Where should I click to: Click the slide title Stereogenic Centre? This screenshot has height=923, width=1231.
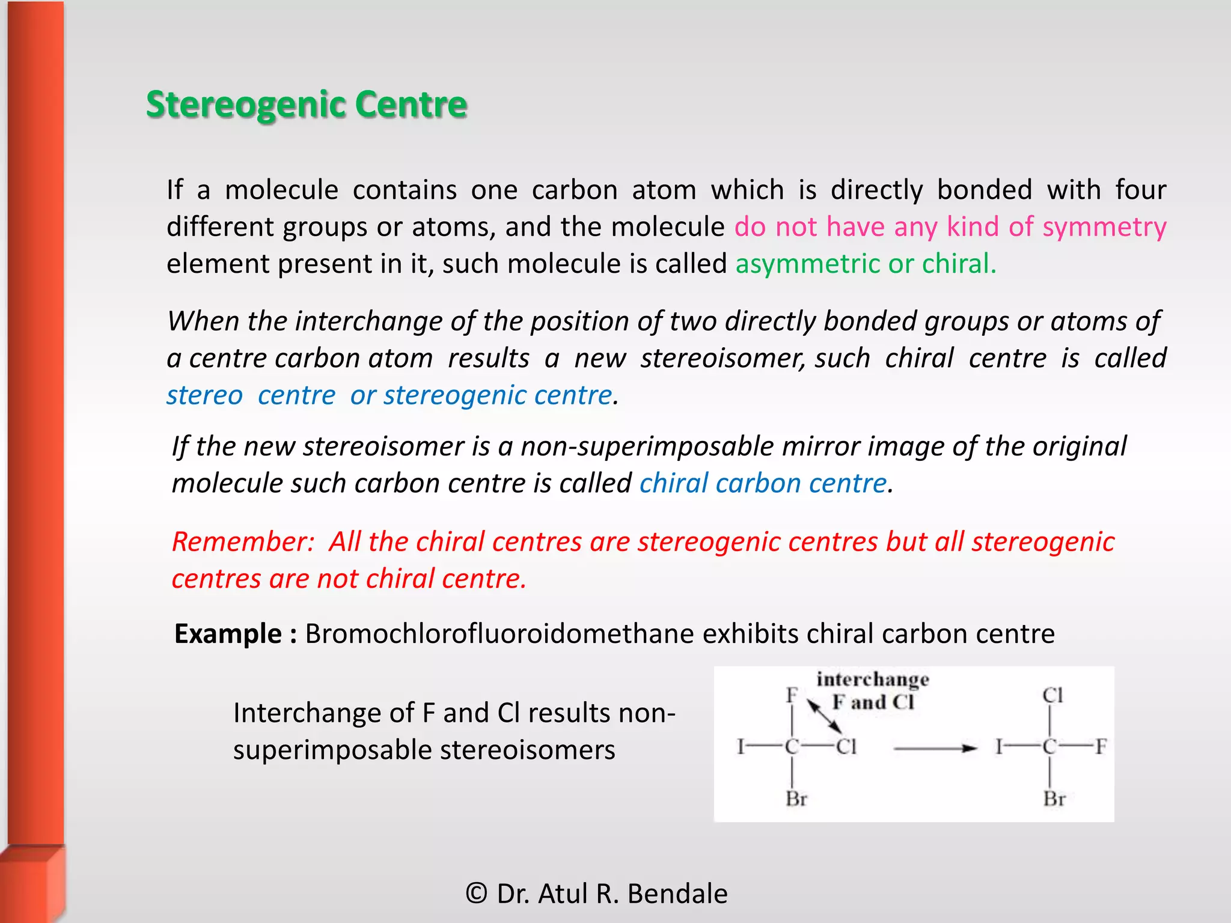307,105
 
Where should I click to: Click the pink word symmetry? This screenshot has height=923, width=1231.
1104,227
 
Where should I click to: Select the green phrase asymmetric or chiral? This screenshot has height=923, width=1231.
865,264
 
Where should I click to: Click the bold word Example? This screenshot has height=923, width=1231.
228,634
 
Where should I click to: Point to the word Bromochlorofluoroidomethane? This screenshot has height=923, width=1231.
499,634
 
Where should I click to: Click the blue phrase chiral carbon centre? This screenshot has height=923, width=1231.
763,484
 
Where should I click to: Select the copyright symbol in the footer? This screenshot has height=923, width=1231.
476,894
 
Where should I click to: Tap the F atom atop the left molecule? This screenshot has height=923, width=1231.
792,695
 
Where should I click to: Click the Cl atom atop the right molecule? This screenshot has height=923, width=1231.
1052,695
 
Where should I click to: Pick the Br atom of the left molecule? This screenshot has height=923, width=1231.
796,799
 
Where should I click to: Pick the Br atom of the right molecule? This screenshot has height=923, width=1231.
1054,799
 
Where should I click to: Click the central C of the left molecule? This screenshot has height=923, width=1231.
792,747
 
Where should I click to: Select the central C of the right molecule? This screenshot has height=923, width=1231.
1050,747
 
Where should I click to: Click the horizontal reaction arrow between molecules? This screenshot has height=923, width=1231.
935,748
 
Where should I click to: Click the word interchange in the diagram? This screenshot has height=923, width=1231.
873,680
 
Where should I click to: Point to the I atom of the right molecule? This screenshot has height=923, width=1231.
999,747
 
